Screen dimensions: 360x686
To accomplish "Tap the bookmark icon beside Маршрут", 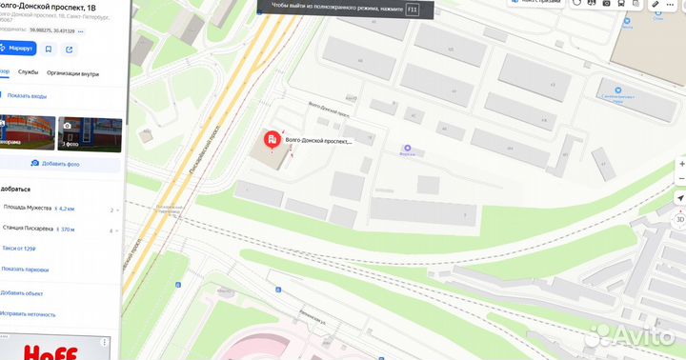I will pos(49,49).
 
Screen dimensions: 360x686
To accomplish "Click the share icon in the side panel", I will pos(70,49).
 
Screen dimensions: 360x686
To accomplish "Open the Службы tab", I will pos(29,72).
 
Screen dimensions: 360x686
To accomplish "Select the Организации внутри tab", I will pos(72,72).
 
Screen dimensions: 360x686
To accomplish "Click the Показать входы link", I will pos(27,96).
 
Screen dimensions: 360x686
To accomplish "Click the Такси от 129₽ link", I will pos(19,248).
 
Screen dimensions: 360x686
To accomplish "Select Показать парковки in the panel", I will pos(25,270).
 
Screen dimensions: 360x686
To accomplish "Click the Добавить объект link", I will pos(22,293).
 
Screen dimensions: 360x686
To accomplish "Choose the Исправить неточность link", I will pos(28,313).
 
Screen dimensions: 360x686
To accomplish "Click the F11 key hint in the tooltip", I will pos(412,9).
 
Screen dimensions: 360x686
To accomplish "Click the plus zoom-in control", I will pos(680,164).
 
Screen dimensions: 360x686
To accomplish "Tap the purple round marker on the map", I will pos(408,149).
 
